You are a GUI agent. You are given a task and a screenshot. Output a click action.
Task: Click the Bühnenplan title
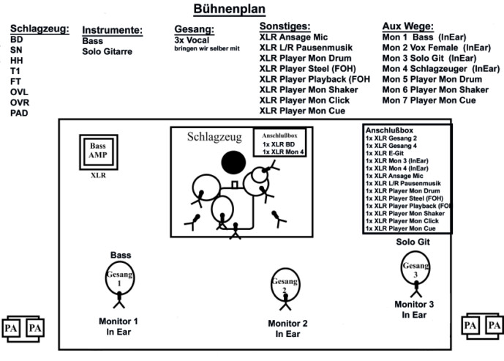click(229, 9)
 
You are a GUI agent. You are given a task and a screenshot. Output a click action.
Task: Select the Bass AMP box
click(99, 152)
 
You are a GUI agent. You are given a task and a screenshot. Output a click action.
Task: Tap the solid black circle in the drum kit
click(233, 163)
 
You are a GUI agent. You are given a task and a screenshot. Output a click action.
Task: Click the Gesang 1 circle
click(119, 278)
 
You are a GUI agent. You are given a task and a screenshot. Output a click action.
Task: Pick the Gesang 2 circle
click(285, 284)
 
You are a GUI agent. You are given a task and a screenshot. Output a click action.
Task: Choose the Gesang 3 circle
click(415, 268)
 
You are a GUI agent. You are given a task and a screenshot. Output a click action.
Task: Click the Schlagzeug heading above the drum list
click(40, 29)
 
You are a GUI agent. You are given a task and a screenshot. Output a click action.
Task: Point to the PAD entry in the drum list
click(19, 113)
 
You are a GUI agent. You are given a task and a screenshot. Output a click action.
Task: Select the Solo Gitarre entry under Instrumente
click(107, 51)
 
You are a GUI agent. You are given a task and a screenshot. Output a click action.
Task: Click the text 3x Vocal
click(192, 40)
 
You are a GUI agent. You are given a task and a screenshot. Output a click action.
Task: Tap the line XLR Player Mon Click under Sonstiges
click(304, 100)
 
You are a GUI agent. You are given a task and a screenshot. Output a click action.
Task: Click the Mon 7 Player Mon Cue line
click(429, 100)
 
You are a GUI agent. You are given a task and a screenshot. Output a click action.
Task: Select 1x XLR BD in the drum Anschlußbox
click(279, 144)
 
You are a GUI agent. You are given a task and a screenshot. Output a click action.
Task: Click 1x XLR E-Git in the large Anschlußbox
click(385, 153)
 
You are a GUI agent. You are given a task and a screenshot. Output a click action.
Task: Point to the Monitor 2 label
click(287, 324)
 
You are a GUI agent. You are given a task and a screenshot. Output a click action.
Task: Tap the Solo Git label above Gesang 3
click(413, 242)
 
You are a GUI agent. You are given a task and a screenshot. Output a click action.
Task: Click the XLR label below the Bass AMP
click(98, 175)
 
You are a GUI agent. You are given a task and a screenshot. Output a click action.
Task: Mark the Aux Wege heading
click(407, 26)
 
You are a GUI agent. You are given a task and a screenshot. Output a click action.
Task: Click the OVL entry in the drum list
click(19, 92)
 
